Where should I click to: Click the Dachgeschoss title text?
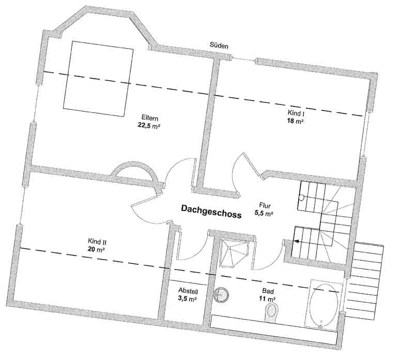[211, 211]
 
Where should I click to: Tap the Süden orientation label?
[219, 46]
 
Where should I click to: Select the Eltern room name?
[149, 118]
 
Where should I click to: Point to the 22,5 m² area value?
[149, 126]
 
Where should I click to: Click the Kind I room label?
[296, 113]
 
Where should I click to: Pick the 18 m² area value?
[295, 121]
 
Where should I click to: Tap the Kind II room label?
[97, 242]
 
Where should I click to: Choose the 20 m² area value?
[96, 249]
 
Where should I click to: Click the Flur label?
[265, 205]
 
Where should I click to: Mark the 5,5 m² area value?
[264, 213]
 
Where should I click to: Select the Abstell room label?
[188, 291]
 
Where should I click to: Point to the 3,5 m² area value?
[187, 298]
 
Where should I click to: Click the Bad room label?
[268, 291]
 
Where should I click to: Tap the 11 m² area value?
[267, 299]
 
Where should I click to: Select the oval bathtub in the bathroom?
[324, 306]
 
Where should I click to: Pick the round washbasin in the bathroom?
[221, 295]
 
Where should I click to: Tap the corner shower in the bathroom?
[234, 253]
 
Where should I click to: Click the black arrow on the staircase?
[296, 242]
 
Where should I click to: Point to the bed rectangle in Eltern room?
[98, 79]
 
